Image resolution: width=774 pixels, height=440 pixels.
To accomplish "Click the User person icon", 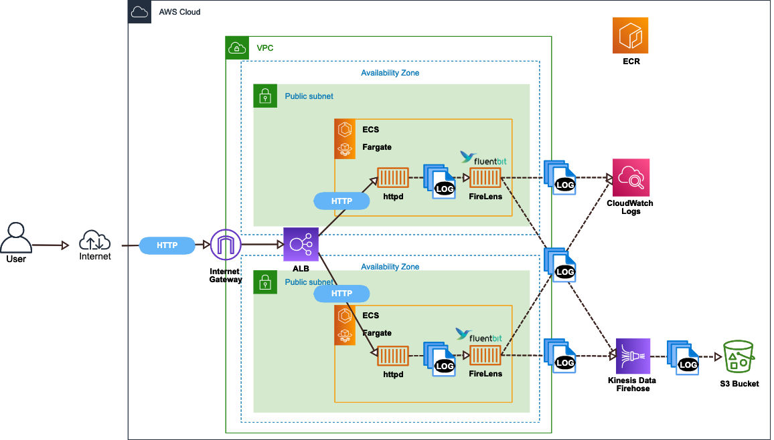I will pyautogui.click(x=16, y=238).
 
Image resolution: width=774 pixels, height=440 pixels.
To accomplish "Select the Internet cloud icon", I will pyautogui.click(x=95, y=239).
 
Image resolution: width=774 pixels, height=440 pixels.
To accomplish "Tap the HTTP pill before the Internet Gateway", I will pyautogui.click(x=167, y=245).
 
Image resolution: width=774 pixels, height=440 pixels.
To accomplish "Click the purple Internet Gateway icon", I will pyautogui.click(x=225, y=245).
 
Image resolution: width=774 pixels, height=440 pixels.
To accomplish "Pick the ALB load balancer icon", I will pyautogui.click(x=300, y=244).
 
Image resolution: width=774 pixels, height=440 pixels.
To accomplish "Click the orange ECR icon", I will pyautogui.click(x=630, y=35).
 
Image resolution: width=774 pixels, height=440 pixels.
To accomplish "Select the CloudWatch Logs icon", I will pyautogui.click(x=631, y=177).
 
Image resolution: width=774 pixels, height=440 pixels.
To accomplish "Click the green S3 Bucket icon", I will pyautogui.click(x=739, y=356).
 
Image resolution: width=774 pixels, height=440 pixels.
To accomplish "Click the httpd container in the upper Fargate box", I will pyautogui.click(x=393, y=178).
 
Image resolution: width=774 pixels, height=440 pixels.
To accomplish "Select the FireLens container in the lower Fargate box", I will pyautogui.click(x=485, y=356).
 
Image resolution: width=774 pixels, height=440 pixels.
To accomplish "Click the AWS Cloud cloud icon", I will pyautogui.click(x=140, y=12).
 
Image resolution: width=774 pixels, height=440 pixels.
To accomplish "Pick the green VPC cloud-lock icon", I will pyautogui.click(x=237, y=47).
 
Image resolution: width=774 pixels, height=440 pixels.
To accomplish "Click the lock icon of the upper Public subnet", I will pyautogui.click(x=265, y=96).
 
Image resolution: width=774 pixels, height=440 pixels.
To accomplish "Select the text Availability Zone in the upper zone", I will pyautogui.click(x=390, y=73).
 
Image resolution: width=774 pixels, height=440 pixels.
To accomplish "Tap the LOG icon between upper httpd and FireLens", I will pyautogui.click(x=440, y=181).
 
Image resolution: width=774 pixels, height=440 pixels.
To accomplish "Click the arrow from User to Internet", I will pyautogui.click(x=51, y=245).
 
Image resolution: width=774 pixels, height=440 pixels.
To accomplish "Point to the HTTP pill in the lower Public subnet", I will pyautogui.click(x=341, y=293).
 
